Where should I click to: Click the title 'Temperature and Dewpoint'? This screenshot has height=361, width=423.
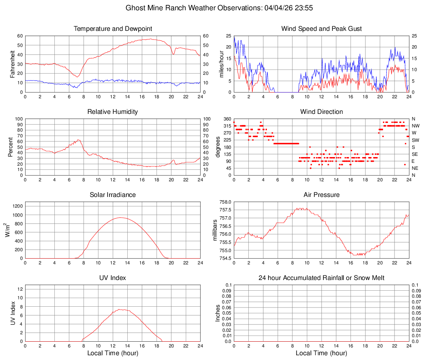click(x=112, y=29)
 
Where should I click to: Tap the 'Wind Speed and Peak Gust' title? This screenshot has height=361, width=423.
click(x=321, y=29)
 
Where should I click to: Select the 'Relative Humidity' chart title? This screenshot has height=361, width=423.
click(x=112, y=112)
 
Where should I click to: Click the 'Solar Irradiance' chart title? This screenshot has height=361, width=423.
click(x=112, y=195)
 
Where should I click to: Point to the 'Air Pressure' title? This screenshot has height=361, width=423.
click(x=321, y=195)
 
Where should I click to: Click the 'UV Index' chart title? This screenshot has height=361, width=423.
click(x=112, y=278)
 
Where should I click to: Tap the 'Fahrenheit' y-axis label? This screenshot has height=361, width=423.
click(x=12, y=64)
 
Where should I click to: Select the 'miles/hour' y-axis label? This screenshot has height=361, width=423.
click(x=221, y=64)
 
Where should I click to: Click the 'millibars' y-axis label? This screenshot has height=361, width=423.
click(x=215, y=230)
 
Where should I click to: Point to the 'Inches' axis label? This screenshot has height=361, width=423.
click(x=218, y=313)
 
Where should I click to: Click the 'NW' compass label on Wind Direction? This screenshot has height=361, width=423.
click(x=416, y=126)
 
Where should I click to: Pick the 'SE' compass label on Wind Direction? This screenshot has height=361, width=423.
click(x=415, y=154)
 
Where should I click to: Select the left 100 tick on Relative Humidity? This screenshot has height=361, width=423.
click(x=18, y=119)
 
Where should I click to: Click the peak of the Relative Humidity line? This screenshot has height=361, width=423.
click(x=78, y=140)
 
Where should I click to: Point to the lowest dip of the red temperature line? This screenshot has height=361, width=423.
click(x=77, y=77)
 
